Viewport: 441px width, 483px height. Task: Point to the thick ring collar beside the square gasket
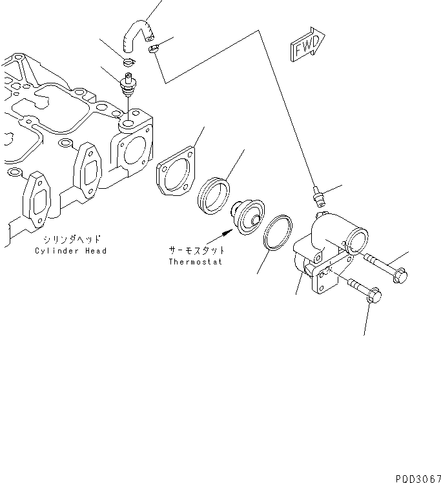tap(212, 193)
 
